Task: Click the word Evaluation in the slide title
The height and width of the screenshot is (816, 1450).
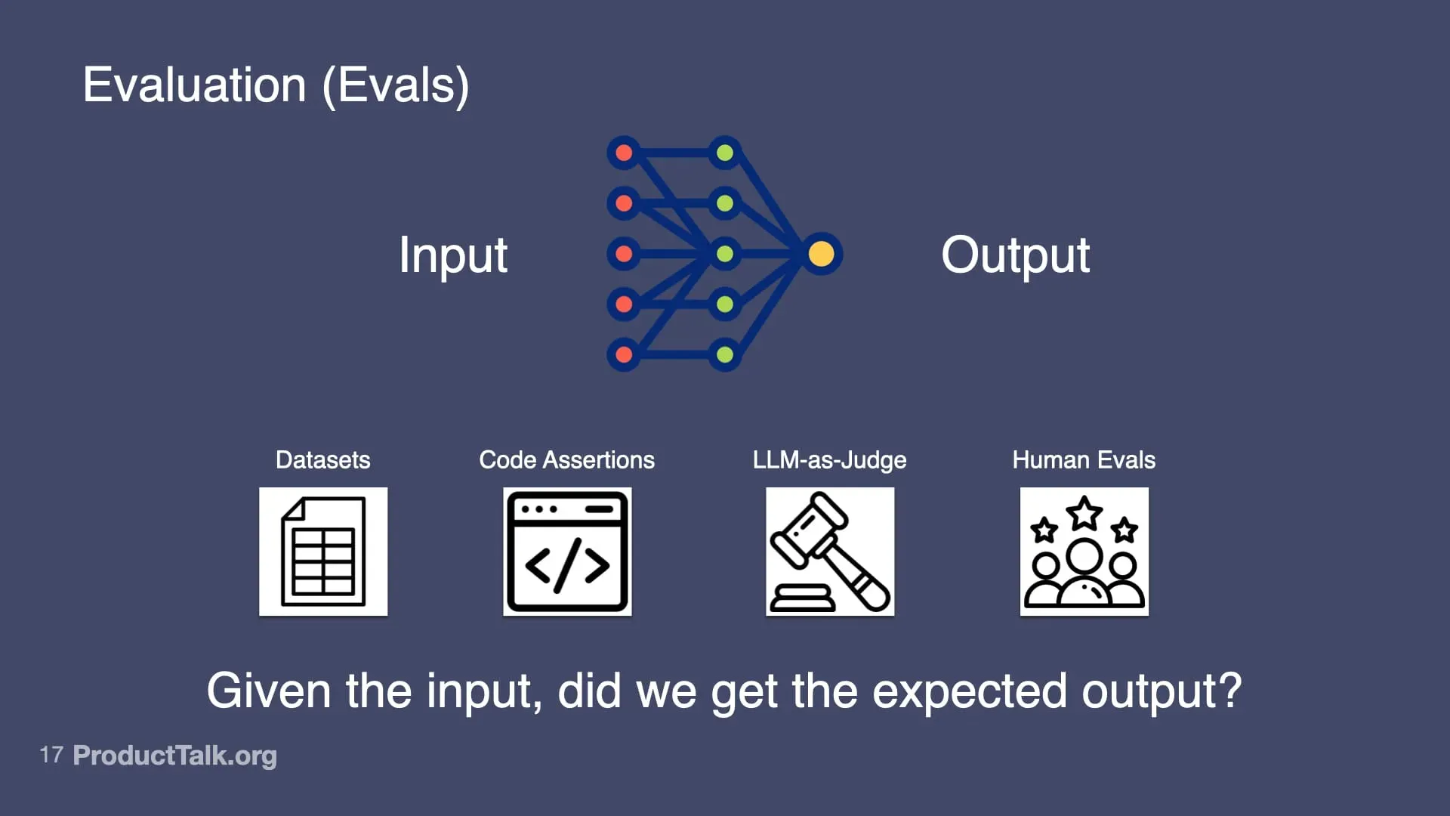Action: pos(194,85)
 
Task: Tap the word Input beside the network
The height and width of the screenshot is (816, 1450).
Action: pos(453,255)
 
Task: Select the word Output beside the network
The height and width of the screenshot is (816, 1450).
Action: pos(1015,255)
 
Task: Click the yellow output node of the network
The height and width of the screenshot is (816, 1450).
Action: pos(821,254)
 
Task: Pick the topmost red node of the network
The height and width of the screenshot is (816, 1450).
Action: pos(624,153)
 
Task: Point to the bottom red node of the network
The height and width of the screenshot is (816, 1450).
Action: pos(624,354)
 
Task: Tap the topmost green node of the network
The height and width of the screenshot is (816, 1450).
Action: pos(725,153)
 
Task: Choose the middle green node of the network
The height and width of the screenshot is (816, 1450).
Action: pos(725,254)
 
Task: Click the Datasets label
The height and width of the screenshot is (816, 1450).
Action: pos(322,460)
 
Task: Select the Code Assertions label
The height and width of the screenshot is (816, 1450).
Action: pos(566,460)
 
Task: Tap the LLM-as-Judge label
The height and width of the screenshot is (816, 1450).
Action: pos(829,460)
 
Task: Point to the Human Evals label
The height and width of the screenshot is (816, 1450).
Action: pos(1084,460)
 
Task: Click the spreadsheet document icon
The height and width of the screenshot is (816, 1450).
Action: pos(323,552)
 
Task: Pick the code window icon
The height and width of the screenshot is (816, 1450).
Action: pos(567,552)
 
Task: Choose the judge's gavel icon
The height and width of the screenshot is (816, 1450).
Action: pos(830,552)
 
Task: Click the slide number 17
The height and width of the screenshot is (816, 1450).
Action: pos(51,755)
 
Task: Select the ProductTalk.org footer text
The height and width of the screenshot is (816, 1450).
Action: pos(174,756)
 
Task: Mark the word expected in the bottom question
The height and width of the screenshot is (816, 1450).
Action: pos(970,691)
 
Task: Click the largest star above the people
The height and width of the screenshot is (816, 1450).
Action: pos(1084,513)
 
